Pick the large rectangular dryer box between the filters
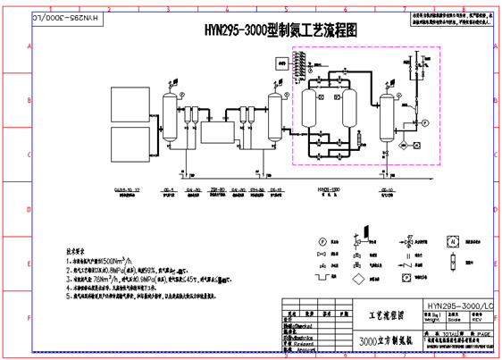pos(215,135)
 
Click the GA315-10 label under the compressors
pos(130,190)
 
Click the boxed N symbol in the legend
pos(453,241)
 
